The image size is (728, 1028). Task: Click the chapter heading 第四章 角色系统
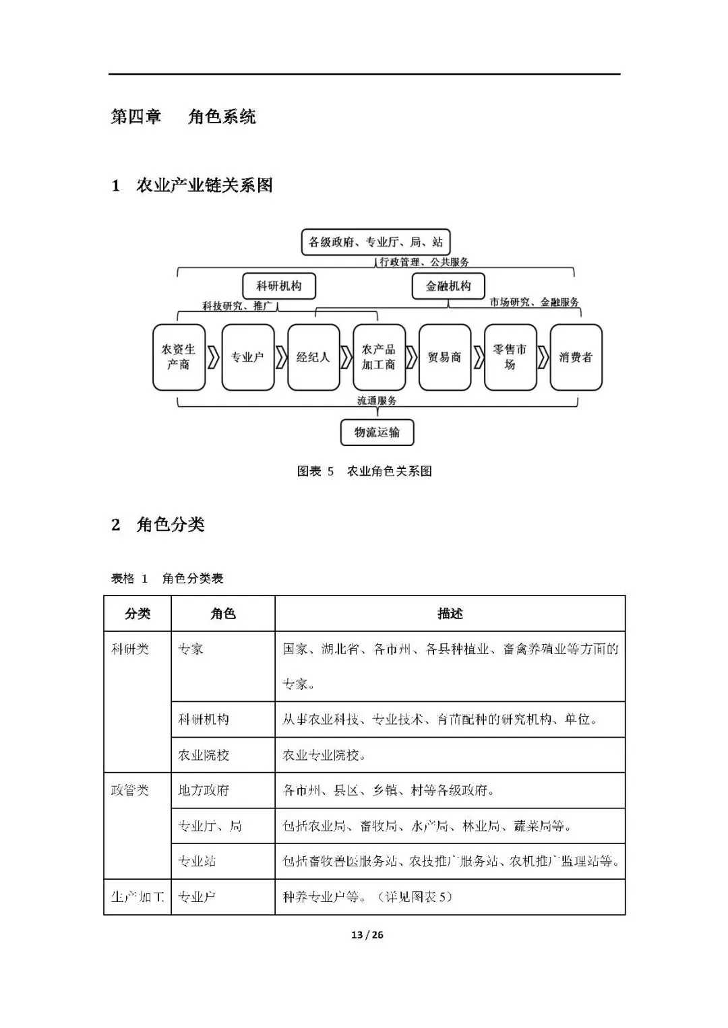[183, 117]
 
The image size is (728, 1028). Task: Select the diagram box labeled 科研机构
[278, 286]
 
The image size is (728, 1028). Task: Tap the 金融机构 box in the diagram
[448, 286]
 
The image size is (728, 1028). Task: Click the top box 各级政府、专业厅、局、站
[375, 242]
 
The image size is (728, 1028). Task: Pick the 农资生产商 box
[179, 357]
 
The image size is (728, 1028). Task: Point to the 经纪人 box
[313, 357]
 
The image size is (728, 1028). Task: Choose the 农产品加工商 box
[379, 357]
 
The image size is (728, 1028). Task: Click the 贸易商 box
[444, 357]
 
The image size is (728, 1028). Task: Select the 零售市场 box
[510, 357]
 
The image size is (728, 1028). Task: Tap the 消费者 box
[576, 357]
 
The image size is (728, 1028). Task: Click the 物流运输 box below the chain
[377, 432]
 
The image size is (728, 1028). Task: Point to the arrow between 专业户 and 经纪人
[280, 358]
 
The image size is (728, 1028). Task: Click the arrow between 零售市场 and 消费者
[543, 358]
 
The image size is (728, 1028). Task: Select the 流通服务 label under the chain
[377, 401]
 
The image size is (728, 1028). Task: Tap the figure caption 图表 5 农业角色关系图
[364, 472]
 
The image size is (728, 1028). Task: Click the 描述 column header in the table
[450, 614]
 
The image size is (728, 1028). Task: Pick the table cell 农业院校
[204, 755]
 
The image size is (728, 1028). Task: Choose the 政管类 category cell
[130, 790]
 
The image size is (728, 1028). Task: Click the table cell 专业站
[197, 861]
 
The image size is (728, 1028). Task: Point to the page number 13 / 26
[367, 934]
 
